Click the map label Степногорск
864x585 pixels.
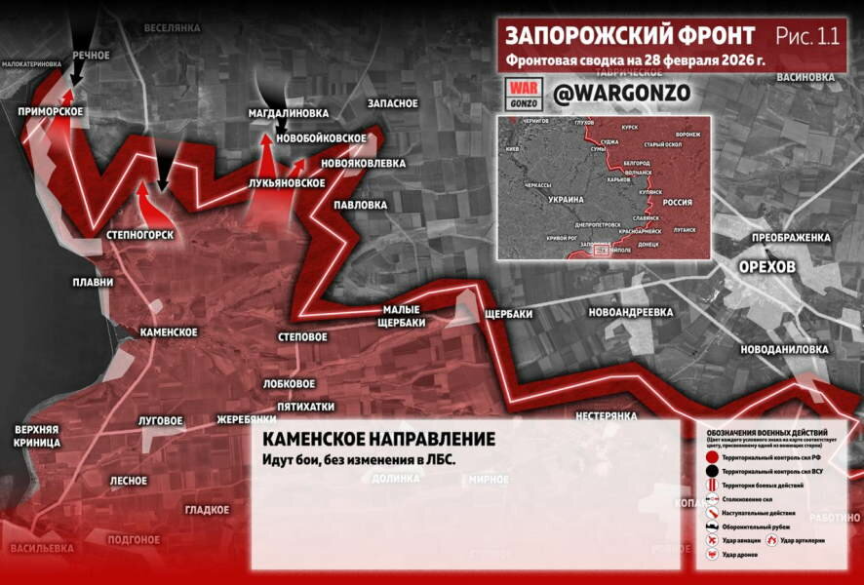[140, 235]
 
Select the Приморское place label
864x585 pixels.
[50, 112]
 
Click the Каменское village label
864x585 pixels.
[169, 332]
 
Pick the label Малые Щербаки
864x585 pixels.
[400, 317]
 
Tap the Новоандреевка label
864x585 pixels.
[631, 312]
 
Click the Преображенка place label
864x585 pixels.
[790, 238]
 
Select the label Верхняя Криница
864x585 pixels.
[37, 436]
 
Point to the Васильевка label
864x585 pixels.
[42, 549]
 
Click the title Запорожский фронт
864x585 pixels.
[629, 36]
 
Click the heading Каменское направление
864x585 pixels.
[378, 440]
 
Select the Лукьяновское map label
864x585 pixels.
[287, 182]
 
